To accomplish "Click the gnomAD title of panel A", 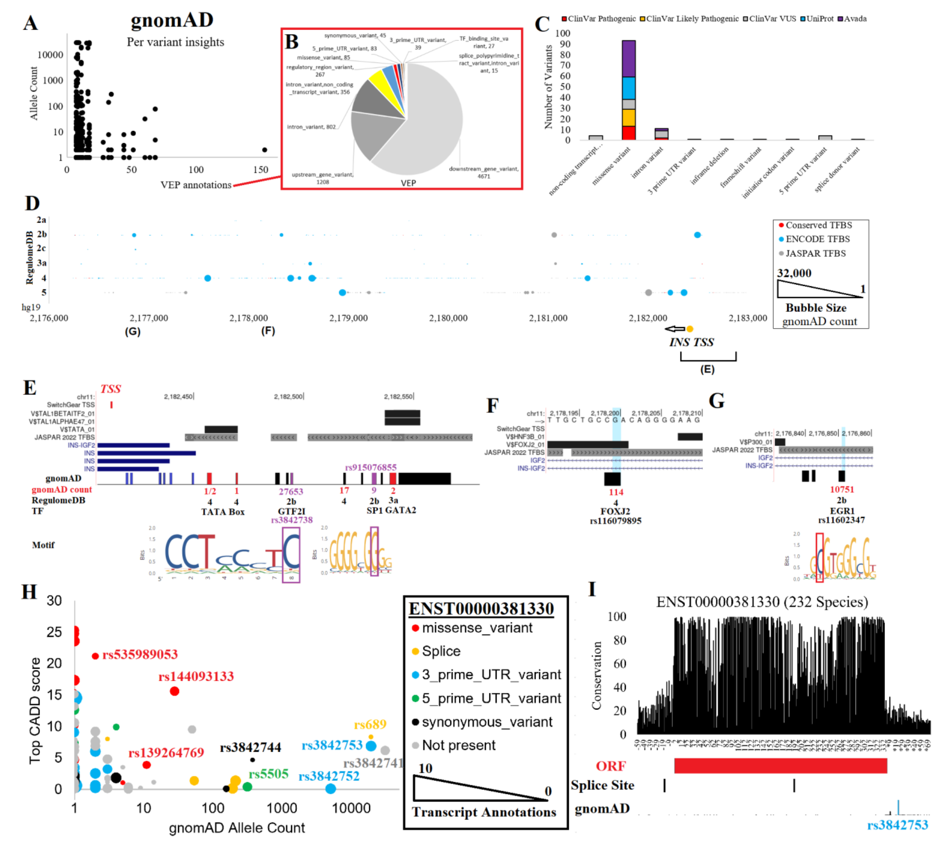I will point(172,20).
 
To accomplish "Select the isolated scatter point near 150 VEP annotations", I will point(265,150).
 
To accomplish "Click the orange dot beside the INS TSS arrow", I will point(689,329).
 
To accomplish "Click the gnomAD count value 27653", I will point(290,491).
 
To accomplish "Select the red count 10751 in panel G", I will point(841,489).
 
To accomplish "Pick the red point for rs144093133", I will point(174,691).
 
